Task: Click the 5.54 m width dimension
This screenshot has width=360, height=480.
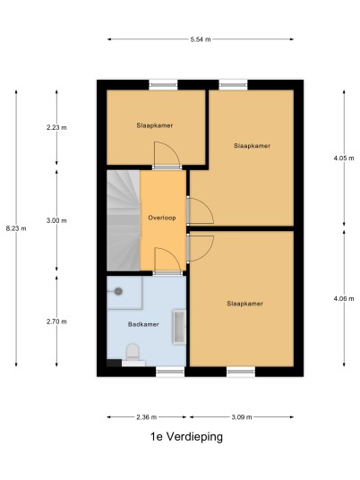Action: click(x=201, y=39)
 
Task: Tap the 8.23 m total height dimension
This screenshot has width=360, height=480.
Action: click(x=16, y=228)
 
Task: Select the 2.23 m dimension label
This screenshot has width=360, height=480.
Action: click(x=56, y=127)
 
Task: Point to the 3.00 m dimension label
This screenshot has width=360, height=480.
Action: click(x=56, y=220)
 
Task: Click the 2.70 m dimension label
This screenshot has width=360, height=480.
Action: click(x=56, y=321)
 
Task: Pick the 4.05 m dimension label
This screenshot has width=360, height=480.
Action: click(x=344, y=159)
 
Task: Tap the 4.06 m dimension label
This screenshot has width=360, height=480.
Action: click(x=344, y=298)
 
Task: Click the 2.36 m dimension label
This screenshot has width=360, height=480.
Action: click(x=147, y=417)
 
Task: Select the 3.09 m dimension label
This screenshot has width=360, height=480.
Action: click(x=242, y=417)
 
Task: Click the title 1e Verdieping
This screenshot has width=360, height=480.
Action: click(x=186, y=437)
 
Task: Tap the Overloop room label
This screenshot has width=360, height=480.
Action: click(x=162, y=218)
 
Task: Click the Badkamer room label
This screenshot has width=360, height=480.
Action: click(x=143, y=324)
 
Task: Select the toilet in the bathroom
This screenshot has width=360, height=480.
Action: click(x=133, y=356)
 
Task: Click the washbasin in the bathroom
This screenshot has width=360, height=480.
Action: click(x=179, y=327)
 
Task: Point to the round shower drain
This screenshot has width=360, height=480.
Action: click(x=118, y=291)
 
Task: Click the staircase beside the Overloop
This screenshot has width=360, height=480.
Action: click(x=124, y=220)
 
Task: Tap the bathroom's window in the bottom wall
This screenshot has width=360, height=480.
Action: click(x=170, y=372)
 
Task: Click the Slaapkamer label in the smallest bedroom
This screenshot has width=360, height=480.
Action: click(x=155, y=125)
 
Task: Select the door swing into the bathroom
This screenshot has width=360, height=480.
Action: click(x=167, y=260)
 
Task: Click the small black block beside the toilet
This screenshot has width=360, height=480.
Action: click(x=115, y=363)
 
